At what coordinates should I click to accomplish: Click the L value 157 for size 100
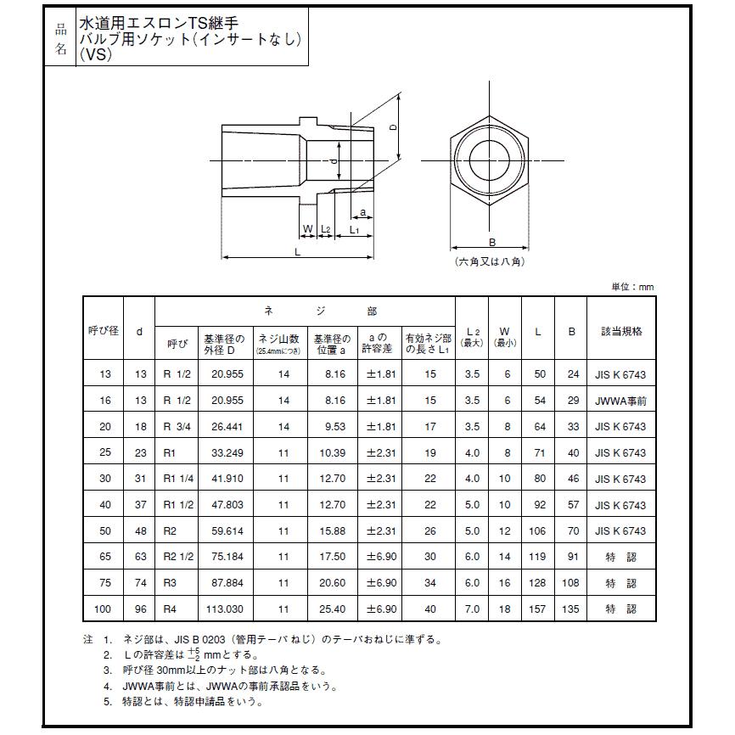537,610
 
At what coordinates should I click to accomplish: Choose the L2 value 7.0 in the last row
472,610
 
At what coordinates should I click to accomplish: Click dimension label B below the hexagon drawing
491,242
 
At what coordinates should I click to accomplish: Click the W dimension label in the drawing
308,229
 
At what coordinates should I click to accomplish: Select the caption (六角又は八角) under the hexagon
490,261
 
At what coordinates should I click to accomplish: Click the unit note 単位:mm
632,287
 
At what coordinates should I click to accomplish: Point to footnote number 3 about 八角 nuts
108,670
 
